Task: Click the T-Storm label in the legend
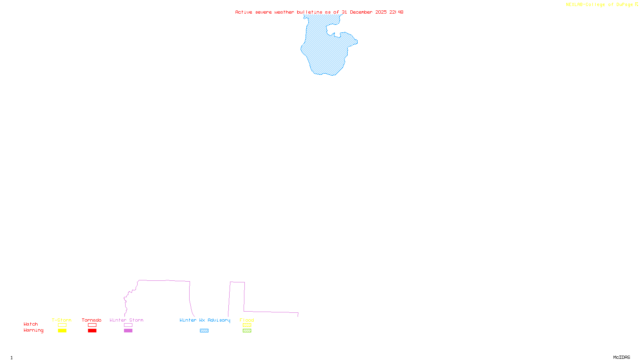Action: [x=62, y=320]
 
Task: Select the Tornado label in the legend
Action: [x=92, y=320]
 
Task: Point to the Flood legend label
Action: [x=247, y=320]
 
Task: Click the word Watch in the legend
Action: [x=31, y=324]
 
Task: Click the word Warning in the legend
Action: [x=33, y=330]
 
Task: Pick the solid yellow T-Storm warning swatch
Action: [x=62, y=331]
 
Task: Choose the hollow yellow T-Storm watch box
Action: [x=62, y=325]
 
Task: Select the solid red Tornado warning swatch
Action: [x=92, y=331]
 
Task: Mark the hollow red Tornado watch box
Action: [x=92, y=325]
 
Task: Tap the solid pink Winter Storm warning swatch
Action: [x=128, y=331]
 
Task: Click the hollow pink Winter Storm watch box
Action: [x=128, y=325]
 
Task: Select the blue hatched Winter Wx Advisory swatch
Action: [x=204, y=331]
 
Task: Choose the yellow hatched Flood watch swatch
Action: [x=247, y=325]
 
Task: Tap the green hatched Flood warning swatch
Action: [x=247, y=331]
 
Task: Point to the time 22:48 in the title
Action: [x=396, y=12]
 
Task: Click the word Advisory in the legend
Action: [x=219, y=320]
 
